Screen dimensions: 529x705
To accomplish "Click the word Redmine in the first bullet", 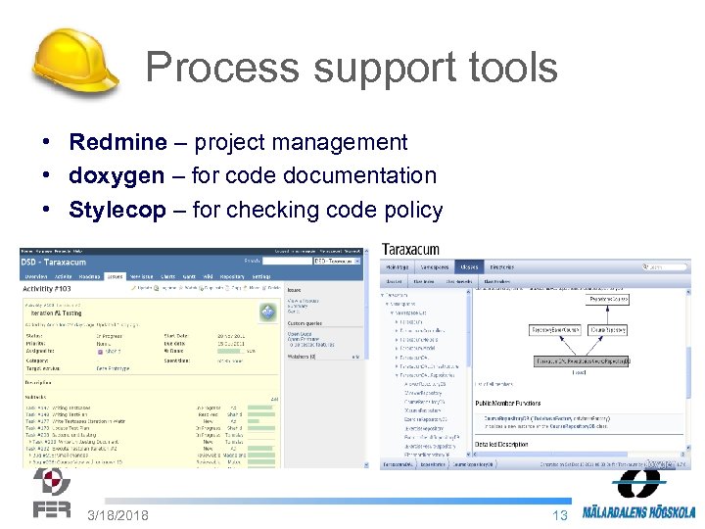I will coord(117,142).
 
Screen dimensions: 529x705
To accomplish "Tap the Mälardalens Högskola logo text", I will coord(638,511).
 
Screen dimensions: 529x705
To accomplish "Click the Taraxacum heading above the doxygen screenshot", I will coord(410,250).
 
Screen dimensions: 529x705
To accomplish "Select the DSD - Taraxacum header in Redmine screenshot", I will coord(58,262).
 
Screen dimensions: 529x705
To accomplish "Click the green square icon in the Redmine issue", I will coord(265,313).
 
